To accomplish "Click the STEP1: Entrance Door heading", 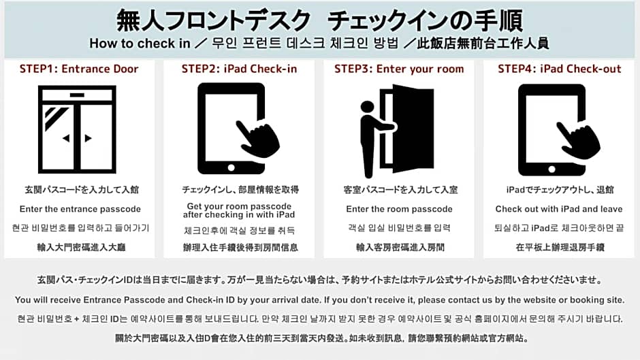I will (79, 69).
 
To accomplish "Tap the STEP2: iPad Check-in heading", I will (239, 69).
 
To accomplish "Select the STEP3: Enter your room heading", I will (399, 69).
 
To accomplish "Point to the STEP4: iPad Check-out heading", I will (559, 69).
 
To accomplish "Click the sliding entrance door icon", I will (78, 129).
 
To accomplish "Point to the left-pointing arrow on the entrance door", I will (66, 138).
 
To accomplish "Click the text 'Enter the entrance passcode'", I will (80, 209).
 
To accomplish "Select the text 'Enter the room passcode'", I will (399, 209).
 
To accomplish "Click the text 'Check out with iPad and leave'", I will (559, 209).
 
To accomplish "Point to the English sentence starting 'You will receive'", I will (319, 299).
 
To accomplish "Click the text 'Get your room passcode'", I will (239, 206).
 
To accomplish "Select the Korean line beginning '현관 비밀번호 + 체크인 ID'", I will (319, 318).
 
